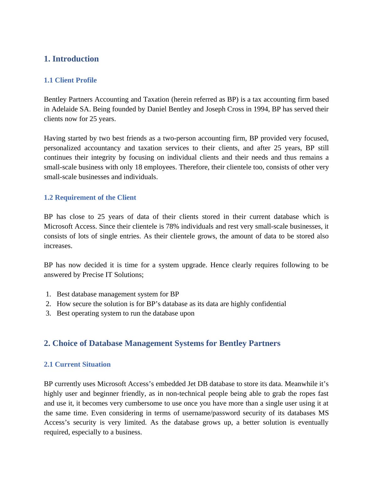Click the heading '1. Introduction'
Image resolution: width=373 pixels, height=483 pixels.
[x=71, y=59]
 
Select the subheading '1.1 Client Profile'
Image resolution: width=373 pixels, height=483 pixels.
[x=70, y=80]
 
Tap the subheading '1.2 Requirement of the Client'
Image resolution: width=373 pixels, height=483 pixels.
[x=90, y=198]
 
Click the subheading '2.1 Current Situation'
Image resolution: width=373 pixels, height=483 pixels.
[x=77, y=364]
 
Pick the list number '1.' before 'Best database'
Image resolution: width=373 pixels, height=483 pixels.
[x=48, y=294]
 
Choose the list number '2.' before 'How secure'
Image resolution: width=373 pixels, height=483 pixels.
[x=48, y=304]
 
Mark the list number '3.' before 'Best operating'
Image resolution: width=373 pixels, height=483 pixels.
[x=48, y=313]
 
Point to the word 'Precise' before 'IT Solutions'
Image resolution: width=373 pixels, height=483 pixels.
[x=93, y=275]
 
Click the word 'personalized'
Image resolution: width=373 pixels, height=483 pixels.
[x=62, y=148]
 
